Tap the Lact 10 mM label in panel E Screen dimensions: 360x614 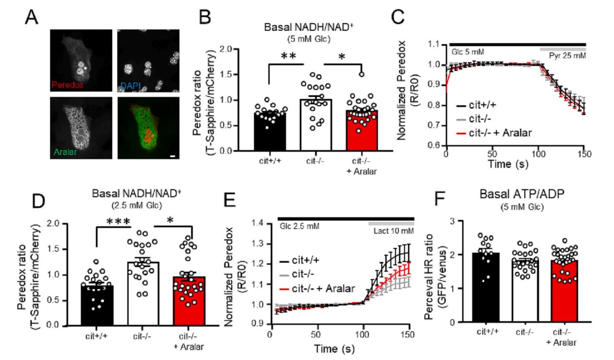click(393, 231)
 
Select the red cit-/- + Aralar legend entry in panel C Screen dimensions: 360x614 click(492, 132)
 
